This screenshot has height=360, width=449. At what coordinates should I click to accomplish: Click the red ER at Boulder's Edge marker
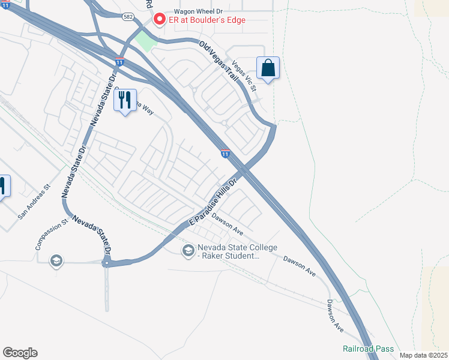tap(160, 20)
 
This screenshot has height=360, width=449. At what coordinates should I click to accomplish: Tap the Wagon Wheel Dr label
tap(182, 11)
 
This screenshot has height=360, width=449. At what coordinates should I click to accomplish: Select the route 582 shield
tap(129, 17)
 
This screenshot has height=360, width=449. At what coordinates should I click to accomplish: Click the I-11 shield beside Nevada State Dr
tap(120, 62)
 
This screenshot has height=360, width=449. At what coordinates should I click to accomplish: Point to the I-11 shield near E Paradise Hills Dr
tap(226, 154)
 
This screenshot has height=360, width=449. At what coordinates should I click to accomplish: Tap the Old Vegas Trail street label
tap(220, 65)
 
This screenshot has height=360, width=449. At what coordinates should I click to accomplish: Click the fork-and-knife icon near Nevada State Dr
tap(125, 100)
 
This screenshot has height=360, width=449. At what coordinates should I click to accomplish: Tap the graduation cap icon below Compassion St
tap(56, 261)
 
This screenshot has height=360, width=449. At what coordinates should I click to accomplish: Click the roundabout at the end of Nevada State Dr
tap(107, 263)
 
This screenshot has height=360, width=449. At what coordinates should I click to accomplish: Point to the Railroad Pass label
tap(368, 349)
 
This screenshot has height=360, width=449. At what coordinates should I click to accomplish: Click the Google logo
tap(20, 353)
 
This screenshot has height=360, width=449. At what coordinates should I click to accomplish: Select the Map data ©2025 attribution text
tap(423, 355)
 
